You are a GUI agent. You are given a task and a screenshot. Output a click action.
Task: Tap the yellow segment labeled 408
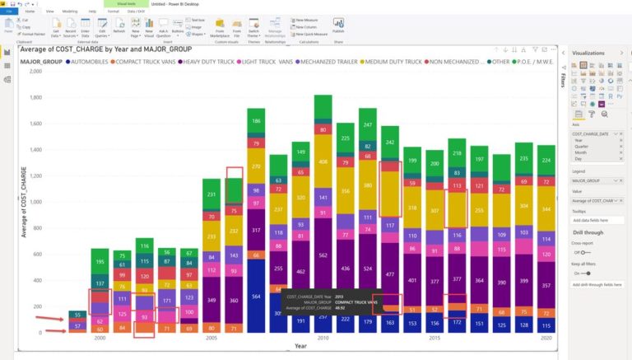323,161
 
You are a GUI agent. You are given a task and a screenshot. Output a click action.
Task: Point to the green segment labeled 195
100,262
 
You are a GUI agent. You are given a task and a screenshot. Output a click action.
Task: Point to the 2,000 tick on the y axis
35,72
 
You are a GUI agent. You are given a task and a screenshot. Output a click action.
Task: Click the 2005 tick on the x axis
211,338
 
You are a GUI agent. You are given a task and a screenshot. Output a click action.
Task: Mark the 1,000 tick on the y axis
35,202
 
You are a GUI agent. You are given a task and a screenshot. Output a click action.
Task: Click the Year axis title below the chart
300,346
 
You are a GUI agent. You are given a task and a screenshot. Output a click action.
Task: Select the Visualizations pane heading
588,53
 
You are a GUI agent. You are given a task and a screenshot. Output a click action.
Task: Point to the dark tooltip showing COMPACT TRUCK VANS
329,302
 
